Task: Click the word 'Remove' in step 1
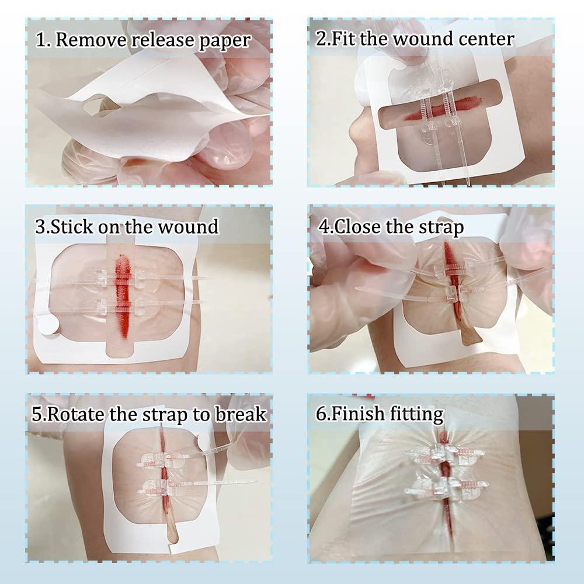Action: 92,40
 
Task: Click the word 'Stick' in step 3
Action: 71,227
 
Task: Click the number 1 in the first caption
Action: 41,40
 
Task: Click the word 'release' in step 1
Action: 163,40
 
